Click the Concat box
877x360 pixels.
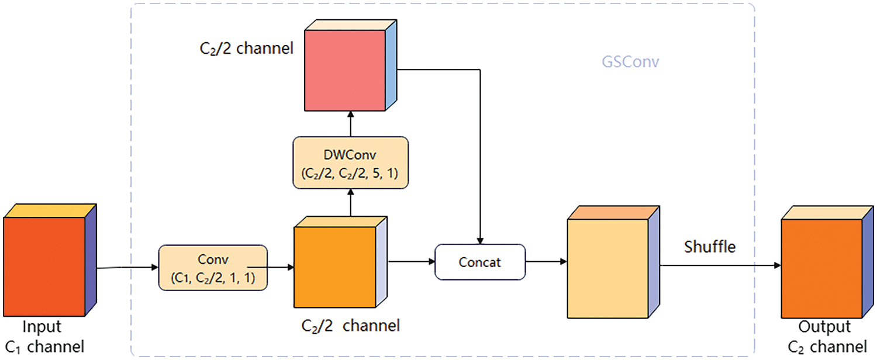(x=480, y=262)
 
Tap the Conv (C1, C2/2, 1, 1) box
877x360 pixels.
(x=213, y=268)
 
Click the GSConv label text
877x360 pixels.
(x=630, y=62)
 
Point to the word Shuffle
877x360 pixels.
(x=710, y=247)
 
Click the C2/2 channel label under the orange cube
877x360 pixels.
(x=350, y=326)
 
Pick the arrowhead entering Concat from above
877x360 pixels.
(x=480, y=240)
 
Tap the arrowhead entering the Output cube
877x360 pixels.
(x=777, y=265)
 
